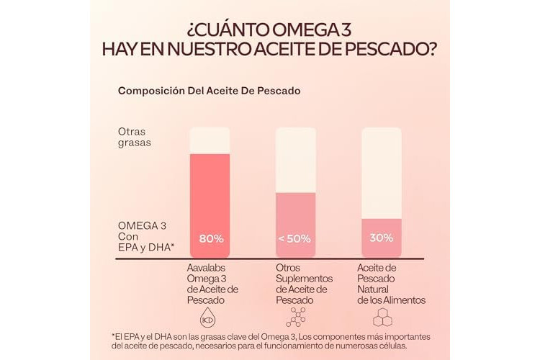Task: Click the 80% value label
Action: (x=210, y=238)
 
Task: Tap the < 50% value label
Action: (x=295, y=238)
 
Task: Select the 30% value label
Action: (x=382, y=238)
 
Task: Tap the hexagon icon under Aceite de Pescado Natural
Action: (x=382, y=318)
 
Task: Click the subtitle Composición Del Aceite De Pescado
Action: (x=209, y=91)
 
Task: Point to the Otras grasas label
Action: (x=134, y=137)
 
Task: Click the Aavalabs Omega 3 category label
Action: (x=212, y=284)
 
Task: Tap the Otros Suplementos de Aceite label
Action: (x=304, y=284)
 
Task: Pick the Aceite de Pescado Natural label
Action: (x=391, y=284)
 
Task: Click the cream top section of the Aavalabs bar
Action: (x=210, y=140)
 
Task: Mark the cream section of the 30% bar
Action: (x=382, y=173)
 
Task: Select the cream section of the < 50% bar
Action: (x=295, y=160)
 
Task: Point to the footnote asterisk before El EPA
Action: (x=114, y=336)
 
